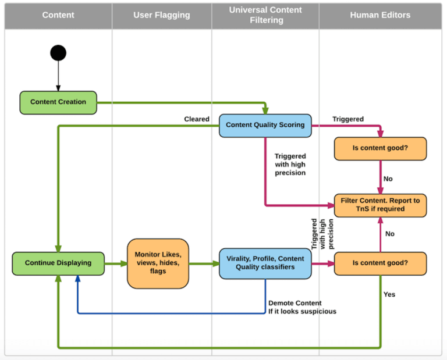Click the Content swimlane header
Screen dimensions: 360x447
click(58, 15)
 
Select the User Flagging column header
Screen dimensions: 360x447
click(162, 15)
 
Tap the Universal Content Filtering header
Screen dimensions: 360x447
click(265, 15)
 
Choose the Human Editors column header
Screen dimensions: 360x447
click(380, 15)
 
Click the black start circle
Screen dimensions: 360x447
click(58, 53)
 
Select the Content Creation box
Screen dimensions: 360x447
click(58, 102)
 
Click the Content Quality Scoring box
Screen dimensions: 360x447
click(265, 125)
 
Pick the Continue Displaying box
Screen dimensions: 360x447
click(58, 263)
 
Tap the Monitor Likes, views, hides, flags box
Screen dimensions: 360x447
click(158, 263)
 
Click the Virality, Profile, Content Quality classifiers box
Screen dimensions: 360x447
click(265, 263)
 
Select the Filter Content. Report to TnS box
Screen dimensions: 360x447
click(380, 205)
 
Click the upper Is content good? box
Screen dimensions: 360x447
click(380, 148)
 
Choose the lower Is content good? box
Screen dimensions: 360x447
click(380, 263)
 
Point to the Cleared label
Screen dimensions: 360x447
click(197, 119)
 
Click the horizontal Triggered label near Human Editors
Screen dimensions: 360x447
click(348, 119)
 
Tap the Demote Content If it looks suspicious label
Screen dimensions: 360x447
click(302, 307)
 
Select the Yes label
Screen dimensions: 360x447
click(389, 294)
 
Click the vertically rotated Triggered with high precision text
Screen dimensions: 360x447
click(322, 234)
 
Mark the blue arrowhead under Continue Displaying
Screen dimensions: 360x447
click(77, 279)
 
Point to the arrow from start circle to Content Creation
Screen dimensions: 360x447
click(58, 76)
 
